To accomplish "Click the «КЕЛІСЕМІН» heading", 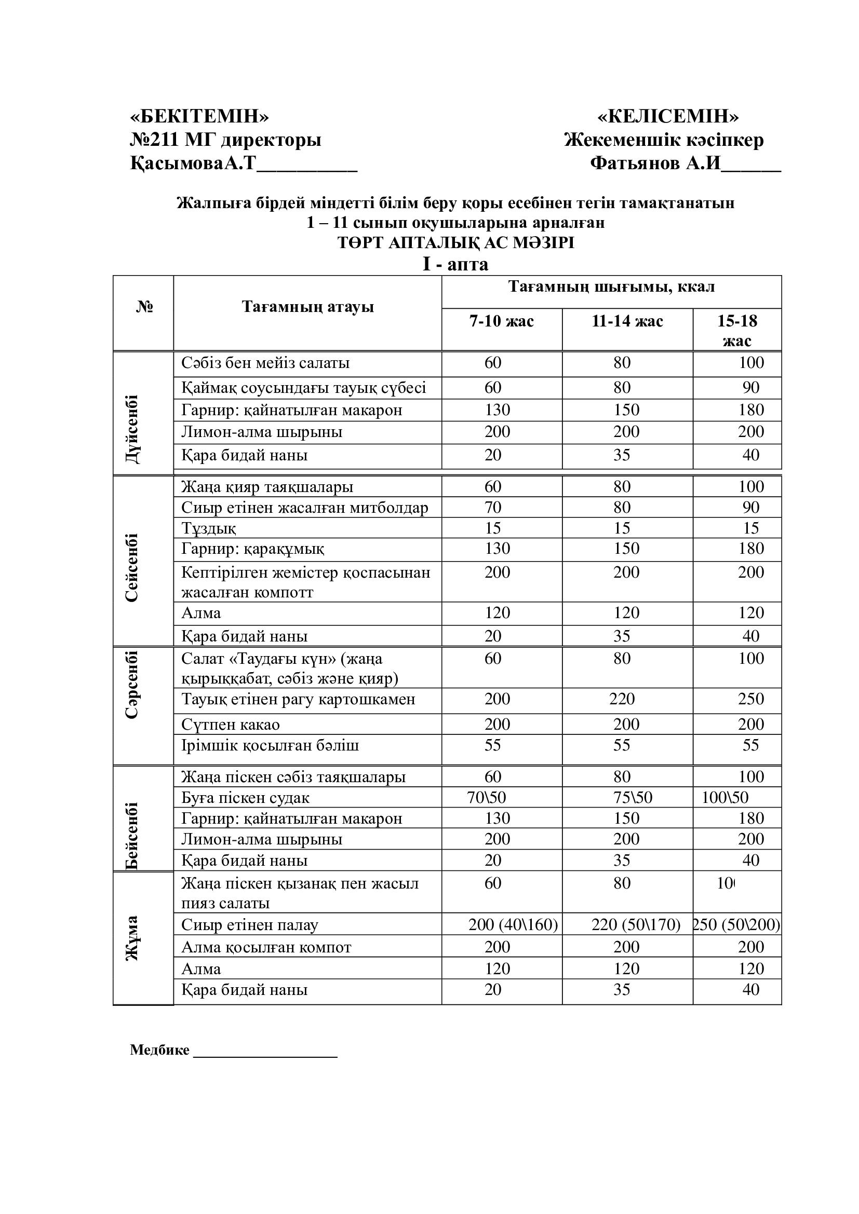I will (668, 116).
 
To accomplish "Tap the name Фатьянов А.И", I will (655, 163).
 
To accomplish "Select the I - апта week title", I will (455, 264).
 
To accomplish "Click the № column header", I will (144, 307).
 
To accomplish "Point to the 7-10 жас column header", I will (502, 321).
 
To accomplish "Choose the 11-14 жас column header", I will (627, 321).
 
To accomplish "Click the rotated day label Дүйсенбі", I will (132, 429).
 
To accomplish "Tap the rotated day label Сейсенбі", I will (132, 567).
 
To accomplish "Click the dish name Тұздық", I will (209, 528).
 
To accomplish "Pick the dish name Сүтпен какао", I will (231, 725).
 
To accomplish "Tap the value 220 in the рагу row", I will (622, 699).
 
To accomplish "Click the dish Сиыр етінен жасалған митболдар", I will (305, 508).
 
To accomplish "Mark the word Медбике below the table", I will (159, 1050).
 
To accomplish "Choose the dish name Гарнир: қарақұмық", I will (253, 549).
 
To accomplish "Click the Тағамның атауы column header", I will (307, 307).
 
